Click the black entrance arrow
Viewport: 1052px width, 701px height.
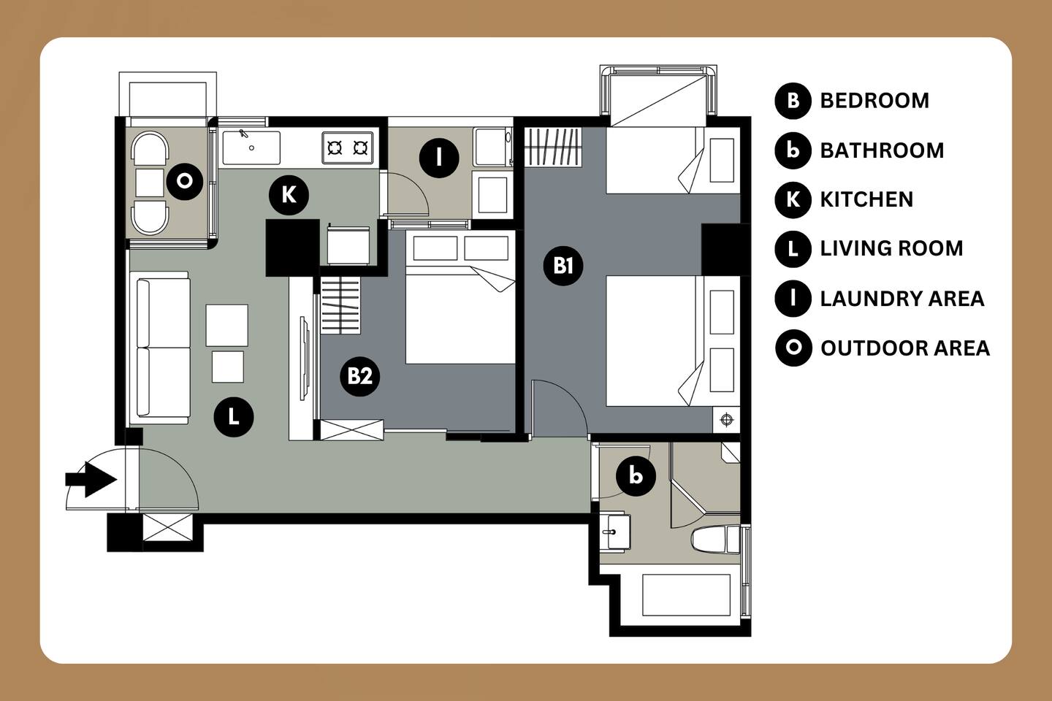(91, 480)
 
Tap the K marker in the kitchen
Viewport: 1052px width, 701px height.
(289, 195)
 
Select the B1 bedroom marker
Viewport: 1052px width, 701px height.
(563, 266)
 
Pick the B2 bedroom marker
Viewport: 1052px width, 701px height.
(359, 376)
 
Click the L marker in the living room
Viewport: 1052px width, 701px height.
(234, 417)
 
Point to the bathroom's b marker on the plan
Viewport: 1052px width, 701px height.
(636, 476)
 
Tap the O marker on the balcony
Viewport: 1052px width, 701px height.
(185, 181)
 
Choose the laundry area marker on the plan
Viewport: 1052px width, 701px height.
(439, 158)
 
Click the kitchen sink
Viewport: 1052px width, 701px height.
(251, 148)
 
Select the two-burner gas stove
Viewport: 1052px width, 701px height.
(348, 148)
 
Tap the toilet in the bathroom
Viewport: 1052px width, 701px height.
(716, 539)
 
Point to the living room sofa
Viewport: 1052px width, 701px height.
(163, 348)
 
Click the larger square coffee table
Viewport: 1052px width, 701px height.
(226, 326)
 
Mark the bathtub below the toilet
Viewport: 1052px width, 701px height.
(686, 594)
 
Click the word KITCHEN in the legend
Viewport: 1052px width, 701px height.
(866, 199)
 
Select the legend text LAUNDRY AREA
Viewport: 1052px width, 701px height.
(902, 299)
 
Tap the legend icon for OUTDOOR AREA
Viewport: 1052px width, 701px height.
(793, 348)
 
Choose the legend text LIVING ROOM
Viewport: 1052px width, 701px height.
(891, 248)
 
